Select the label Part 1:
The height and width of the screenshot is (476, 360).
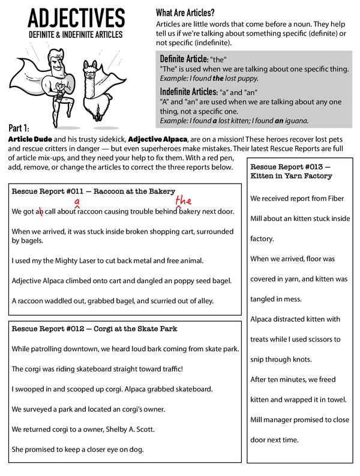pyautogui.click(x=23, y=128)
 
